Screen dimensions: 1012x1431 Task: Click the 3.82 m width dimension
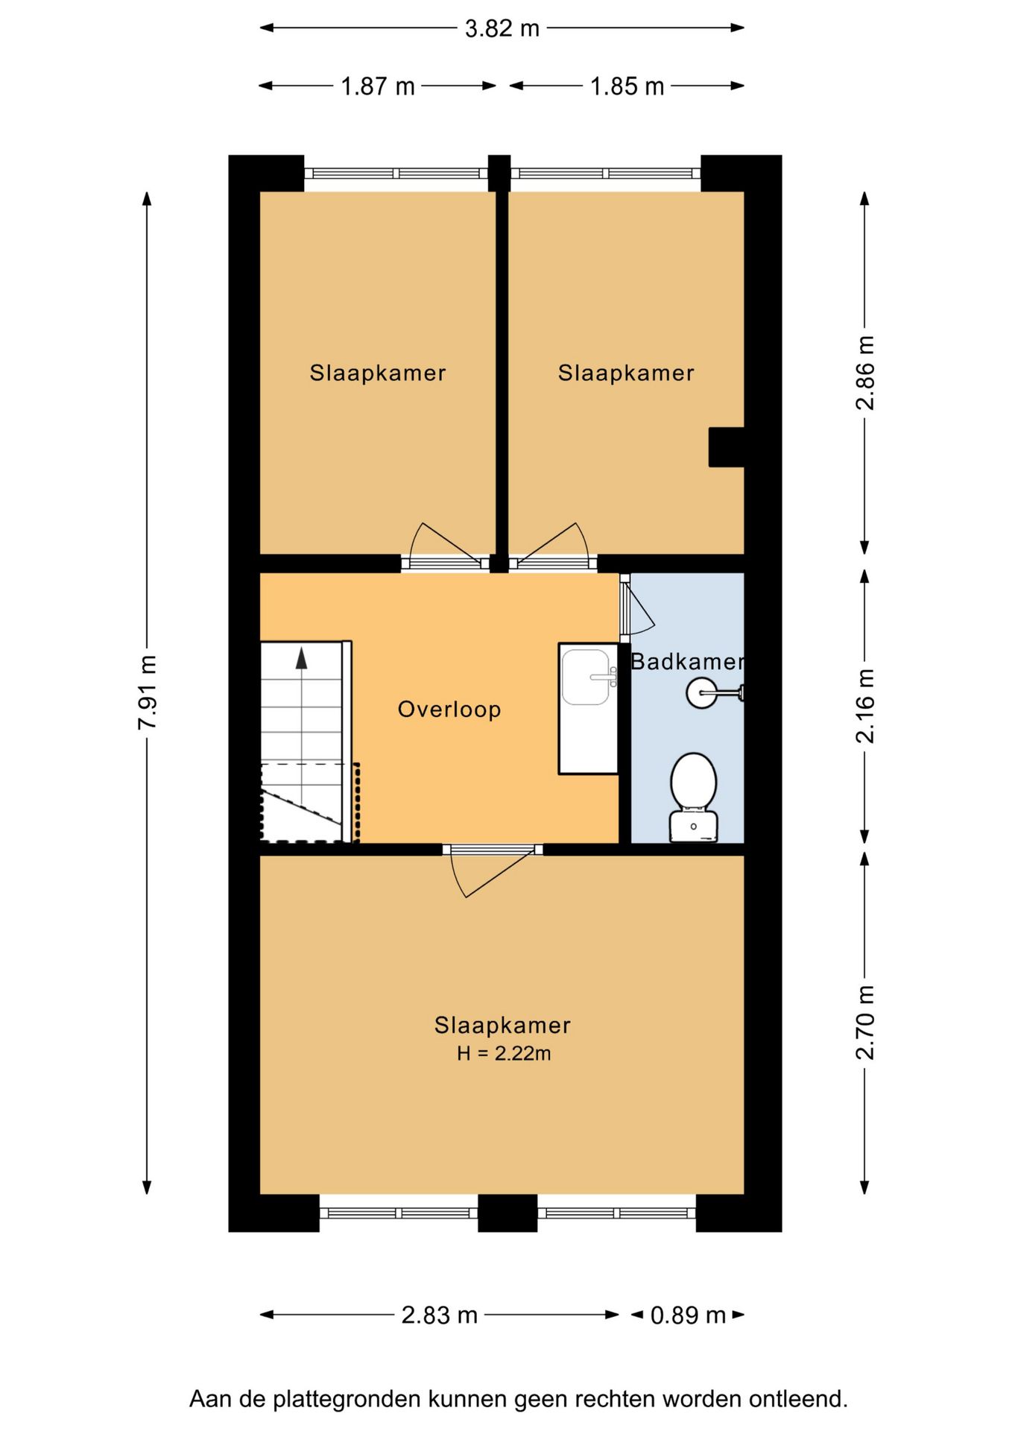[502, 28]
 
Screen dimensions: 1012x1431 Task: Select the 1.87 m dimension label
[377, 86]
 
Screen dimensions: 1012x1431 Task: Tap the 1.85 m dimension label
[627, 86]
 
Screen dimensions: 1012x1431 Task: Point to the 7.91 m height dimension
[147, 692]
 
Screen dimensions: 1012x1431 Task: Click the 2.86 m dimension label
[865, 373]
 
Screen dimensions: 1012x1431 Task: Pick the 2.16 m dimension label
[865, 706]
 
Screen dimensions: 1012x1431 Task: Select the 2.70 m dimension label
[865, 1022]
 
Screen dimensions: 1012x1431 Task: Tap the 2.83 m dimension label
[439, 1315]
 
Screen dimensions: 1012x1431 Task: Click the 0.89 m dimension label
[688, 1315]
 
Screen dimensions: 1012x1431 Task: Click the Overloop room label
[449, 709]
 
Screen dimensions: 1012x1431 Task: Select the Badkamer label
[687, 661]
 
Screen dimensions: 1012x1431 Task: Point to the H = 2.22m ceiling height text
[504, 1053]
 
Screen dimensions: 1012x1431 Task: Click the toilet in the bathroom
[694, 797]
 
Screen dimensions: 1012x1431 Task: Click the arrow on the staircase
[301, 658]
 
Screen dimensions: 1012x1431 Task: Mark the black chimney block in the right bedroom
[727, 447]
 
